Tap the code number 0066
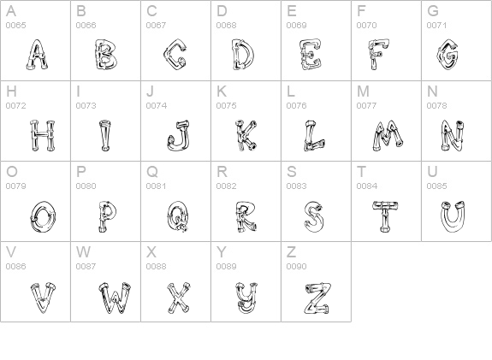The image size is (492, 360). tap(86, 26)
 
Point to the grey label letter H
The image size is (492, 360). tap(11, 91)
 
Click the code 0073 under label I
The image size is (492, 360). tap(86, 106)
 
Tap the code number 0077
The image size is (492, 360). tap(367, 106)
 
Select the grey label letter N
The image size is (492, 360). tap(432, 91)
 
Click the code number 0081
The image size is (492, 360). tap(157, 186)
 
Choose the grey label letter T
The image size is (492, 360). tap(361, 172)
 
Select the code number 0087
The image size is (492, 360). tap(86, 266)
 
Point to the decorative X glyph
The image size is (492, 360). tap(178, 298)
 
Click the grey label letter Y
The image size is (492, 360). tap(222, 252)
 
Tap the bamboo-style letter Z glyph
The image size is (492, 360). tap(317, 298)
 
